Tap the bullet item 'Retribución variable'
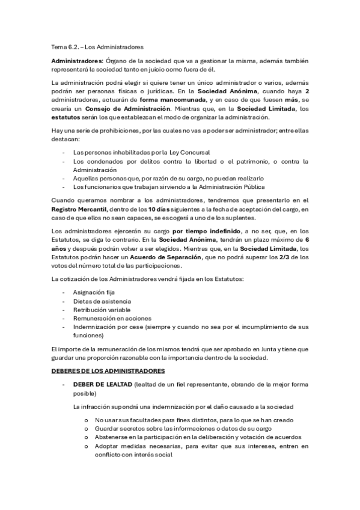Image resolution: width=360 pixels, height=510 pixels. [102, 309]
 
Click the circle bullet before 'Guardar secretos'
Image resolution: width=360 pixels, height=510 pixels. [87, 428]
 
